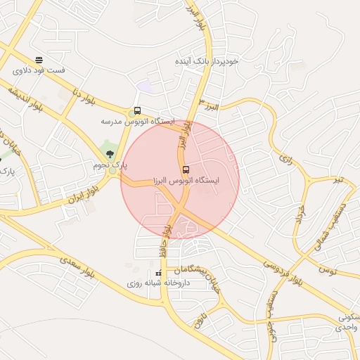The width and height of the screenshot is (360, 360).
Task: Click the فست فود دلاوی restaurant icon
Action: click(x=39, y=60)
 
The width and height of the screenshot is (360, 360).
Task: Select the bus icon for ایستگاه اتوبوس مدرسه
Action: click(x=136, y=111)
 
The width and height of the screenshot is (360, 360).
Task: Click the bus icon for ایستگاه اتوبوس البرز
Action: click(x=186, y=169)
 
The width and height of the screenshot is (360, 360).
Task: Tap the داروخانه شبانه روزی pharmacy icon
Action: click(x=157, y=273)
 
